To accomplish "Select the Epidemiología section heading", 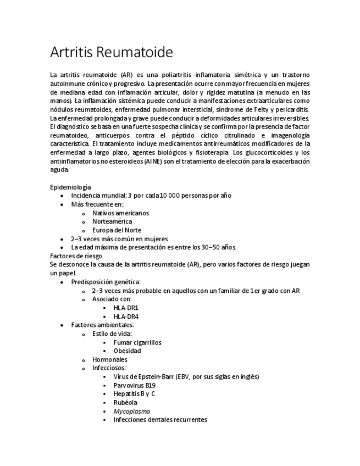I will (x=70, y=187).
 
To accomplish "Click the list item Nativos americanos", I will (x=120, y=213).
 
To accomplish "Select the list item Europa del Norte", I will (x=117, y=230).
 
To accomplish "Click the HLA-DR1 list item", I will (x=126, y=308).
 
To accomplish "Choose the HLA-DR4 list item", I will (x=126, y=317).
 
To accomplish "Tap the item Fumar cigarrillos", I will (x=137, y=342).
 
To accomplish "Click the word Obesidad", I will (x=127, y=351).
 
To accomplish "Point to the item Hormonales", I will (x=109, y=359).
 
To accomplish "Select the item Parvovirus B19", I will (x=134, y=385).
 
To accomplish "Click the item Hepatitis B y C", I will (x=134, y=394).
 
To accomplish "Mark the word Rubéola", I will (x=125, y=402).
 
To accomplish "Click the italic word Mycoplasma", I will (x=131, y=411).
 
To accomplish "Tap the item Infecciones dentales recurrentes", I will (x=160, y=419).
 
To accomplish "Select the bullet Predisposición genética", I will (x=106, y=282).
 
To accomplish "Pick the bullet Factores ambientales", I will (x=102, y=325).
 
